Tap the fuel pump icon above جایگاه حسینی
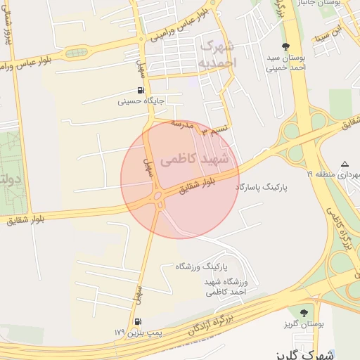coord(141,90)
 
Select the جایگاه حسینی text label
coord(141,101)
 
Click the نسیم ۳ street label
coord(214,131)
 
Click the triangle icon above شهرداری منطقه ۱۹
coord(345,163)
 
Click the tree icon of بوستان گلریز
coord(304,312)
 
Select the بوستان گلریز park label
coord(304,323)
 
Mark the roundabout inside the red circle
coord(158,196)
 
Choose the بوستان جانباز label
coord(338,4)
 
